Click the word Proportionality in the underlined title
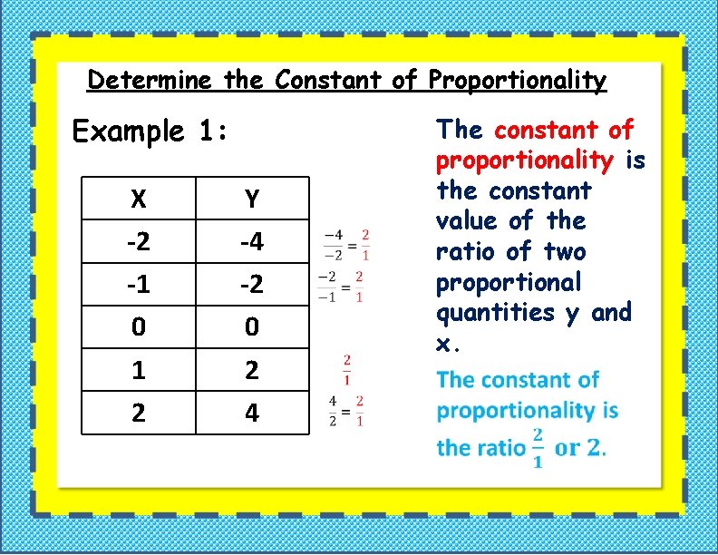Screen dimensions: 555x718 click(x=518, y=81)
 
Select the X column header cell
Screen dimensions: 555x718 click(x=138, y=198)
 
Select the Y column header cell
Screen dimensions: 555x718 click(x=251, y=198)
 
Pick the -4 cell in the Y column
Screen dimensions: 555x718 click(x=251, y=241)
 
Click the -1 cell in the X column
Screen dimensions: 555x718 click(x=138, y=284)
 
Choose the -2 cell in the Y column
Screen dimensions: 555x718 click(x=251, y=284)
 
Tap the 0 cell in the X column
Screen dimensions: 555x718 click(x=138, y=326)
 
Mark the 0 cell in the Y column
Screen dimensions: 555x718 click(x=251, y=326)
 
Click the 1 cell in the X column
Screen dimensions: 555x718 click(x=138, y=369)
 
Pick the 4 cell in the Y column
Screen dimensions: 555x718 click(x=251, y=413)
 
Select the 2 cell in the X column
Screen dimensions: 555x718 click(x=138, y=413)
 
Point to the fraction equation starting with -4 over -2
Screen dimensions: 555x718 click(x=345, y=244)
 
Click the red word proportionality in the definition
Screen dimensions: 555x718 click(x=525, y=161)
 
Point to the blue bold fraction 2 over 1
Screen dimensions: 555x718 click(x=538, y=447)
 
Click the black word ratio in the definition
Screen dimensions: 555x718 click(x=465, y=252)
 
